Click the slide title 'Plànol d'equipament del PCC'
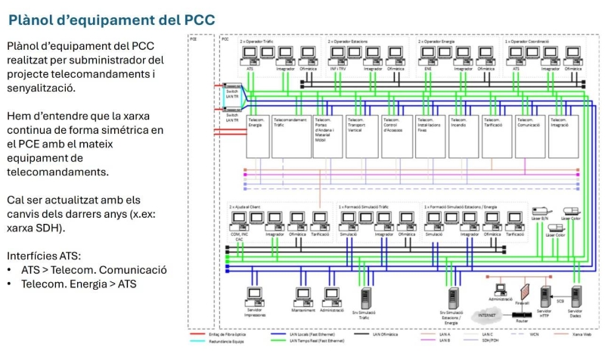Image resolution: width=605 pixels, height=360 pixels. point(111,18)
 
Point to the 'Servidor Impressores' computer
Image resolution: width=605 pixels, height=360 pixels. point(255,296)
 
